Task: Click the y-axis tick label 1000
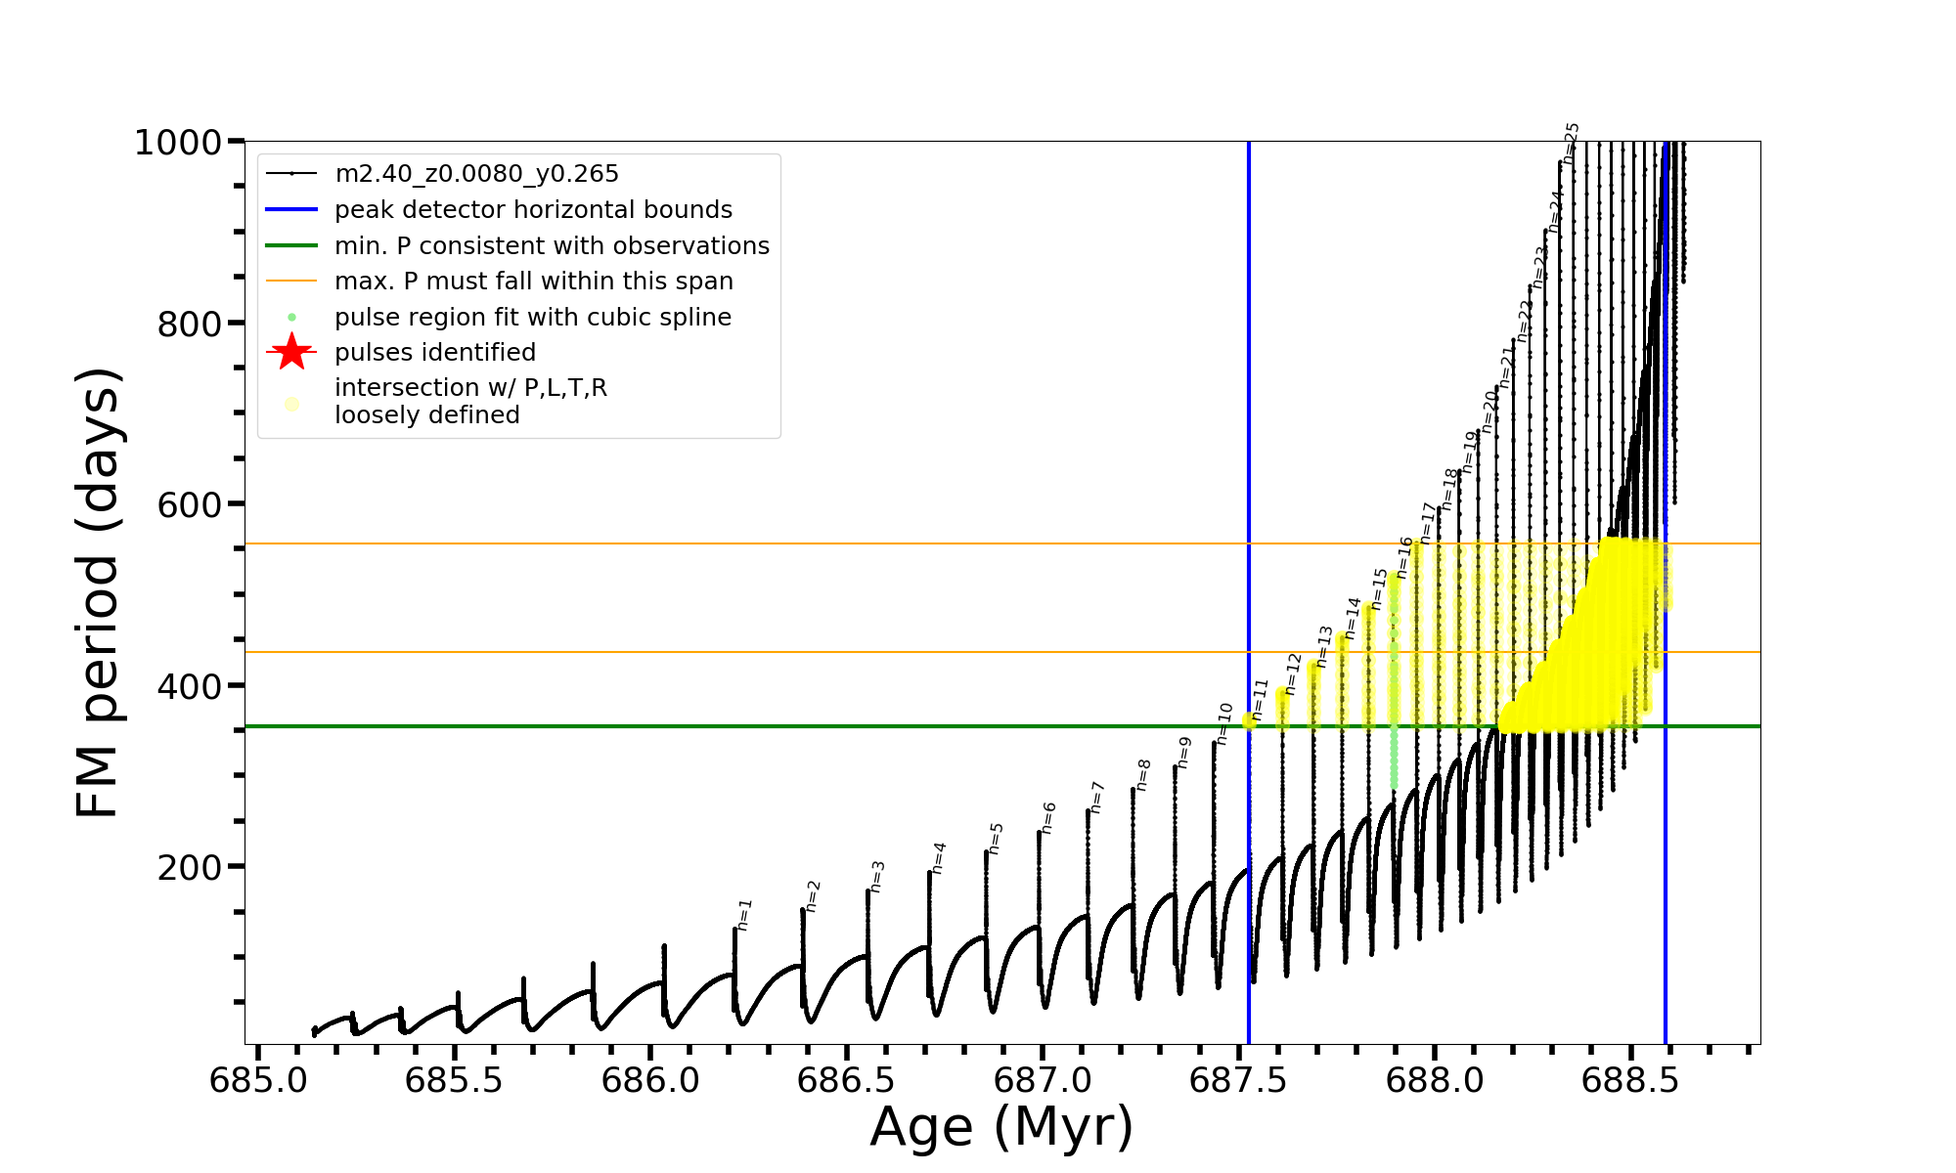177,143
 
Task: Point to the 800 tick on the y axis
190,324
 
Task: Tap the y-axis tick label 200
190,867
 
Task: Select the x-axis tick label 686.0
650,1080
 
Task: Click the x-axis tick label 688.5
1630,1080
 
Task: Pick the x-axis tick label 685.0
258,1080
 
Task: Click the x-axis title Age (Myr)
1001,1127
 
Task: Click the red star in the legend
291,352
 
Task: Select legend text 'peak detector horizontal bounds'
533,210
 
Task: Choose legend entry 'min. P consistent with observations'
552,245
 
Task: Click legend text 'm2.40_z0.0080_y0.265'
476,174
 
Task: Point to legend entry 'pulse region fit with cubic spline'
532,318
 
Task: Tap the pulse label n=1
744,915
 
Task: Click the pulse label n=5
996,838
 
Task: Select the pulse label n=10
1223,723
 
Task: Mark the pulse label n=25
1571,143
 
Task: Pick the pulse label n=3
877,876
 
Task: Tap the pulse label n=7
1096,797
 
